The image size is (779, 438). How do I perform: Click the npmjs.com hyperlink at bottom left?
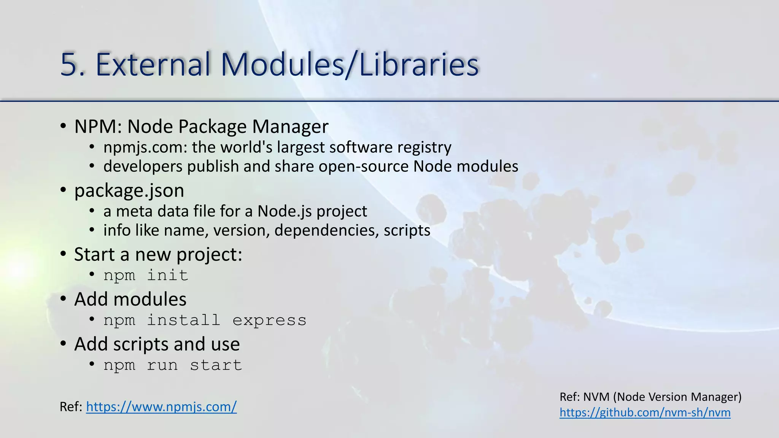161,407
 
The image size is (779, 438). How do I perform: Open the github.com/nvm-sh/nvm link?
645,413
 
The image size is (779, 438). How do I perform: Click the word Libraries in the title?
418,65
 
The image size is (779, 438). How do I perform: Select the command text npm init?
146,275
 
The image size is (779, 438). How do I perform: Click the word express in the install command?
269,320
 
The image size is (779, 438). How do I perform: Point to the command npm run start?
173,365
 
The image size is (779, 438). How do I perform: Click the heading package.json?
129,190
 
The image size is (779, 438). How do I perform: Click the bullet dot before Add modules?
63,299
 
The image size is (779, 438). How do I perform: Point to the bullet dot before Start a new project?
63,254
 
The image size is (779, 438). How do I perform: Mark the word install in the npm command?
183,320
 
